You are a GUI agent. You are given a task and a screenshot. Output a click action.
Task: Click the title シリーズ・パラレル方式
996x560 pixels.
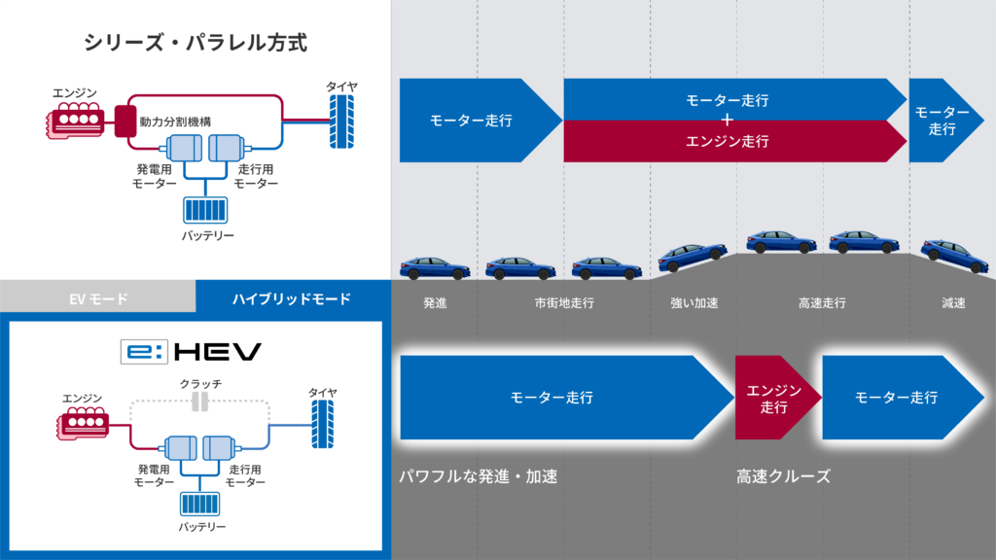196,43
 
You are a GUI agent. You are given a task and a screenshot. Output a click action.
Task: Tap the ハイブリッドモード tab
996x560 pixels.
293,298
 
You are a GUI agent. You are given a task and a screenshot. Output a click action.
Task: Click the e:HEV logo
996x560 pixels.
190,351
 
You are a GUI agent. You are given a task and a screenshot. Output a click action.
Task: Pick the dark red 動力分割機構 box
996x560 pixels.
125,121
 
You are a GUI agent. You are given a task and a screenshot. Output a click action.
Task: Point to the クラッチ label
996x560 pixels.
201,384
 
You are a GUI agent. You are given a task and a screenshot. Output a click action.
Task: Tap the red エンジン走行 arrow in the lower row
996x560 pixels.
774,398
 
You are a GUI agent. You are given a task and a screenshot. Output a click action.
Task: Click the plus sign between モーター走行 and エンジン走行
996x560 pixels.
727,120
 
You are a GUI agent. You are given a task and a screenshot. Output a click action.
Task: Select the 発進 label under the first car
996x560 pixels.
434,302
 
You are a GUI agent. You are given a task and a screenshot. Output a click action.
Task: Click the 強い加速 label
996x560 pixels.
694,302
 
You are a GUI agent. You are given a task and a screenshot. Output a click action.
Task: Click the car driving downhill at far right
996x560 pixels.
954,256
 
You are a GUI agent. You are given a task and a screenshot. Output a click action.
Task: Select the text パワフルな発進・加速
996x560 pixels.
481,476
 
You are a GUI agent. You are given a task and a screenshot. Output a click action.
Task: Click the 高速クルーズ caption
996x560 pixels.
783,476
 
